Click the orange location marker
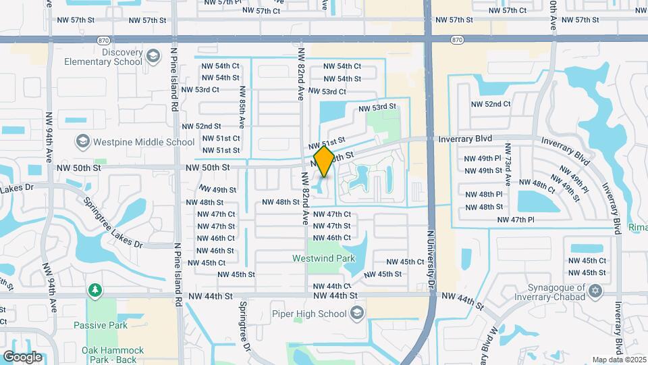tap(325, 162)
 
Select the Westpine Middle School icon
tap(82, 142)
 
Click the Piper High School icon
tap(357, 314)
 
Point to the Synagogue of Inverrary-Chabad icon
tap(595, 291)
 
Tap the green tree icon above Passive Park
tap(95, 291)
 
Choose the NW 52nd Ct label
tap(491, 104)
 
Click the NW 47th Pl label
tap(515, 220)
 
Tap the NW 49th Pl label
tap(483, 158)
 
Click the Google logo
tap(22, 356)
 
